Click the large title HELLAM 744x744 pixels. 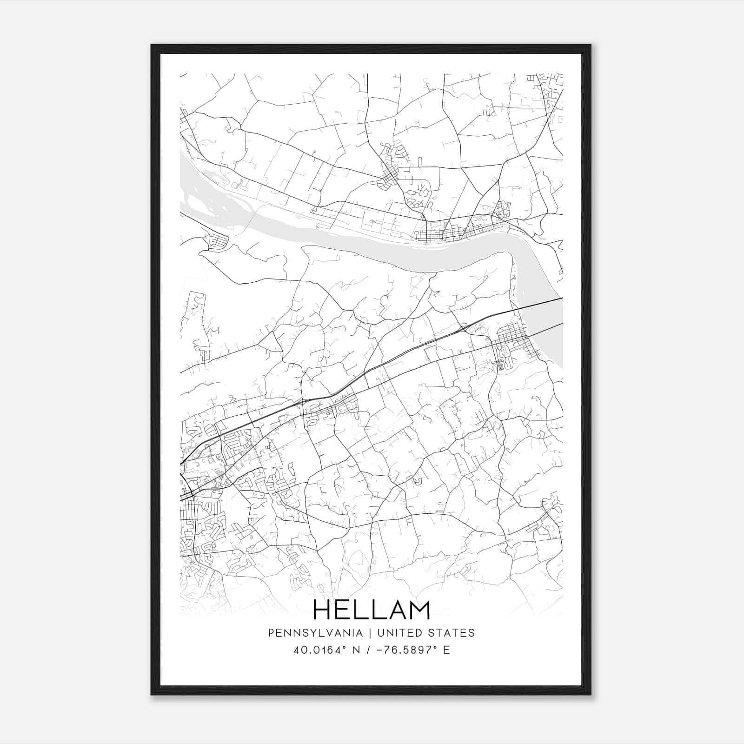point(372,611)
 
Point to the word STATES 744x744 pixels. point(453,633)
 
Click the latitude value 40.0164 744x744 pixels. point(317,650)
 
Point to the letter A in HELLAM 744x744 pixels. point(394,611)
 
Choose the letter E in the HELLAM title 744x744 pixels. point(343,611)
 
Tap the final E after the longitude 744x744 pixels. point(446,650)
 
